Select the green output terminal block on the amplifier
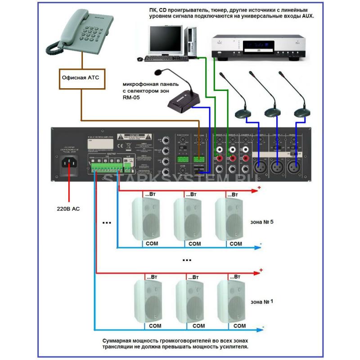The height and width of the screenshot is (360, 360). [x=108, y=167]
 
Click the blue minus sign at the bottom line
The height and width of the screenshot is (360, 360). [x=263, y=327]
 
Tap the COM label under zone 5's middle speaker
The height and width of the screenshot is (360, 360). [x=194, y=244]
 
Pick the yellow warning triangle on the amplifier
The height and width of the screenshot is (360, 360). [x=120, y=136]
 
